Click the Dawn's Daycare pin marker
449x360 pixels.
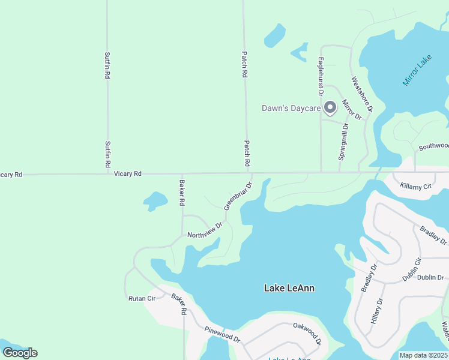[x=330, y=108]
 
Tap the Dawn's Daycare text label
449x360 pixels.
[x=291, y=109]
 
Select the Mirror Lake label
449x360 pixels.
[x=418, y=70]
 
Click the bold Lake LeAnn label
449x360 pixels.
[x=289, y=288]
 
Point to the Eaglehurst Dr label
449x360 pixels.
[x=321, y=76]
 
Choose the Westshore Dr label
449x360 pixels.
[x=363, y=94]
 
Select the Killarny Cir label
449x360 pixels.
[x=415, y=187]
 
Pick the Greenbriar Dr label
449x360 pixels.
[x=238, y=196]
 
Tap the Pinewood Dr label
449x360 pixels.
[x=222, y=334]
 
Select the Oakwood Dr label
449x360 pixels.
[x=307, y=334]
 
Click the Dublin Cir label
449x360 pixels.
[x=412, y=269]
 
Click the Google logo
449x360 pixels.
[x=20, y=352]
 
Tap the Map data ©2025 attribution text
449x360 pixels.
[x=423, y=355]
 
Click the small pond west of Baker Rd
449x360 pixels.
[x=155, y=200]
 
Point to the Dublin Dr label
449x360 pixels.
[x=430, y=278]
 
